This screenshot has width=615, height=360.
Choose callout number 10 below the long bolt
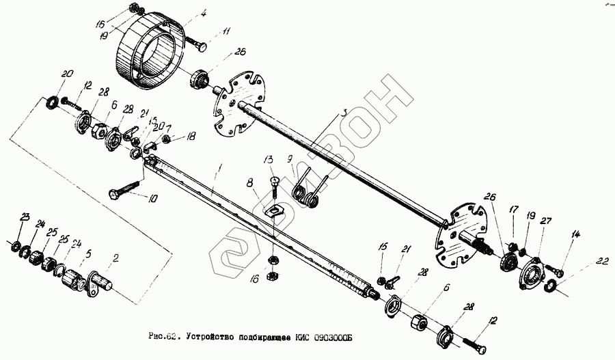151,199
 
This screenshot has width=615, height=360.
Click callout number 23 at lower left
25,217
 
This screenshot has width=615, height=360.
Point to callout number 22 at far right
602,260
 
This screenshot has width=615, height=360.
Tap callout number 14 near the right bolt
575,236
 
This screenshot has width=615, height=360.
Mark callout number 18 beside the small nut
191,137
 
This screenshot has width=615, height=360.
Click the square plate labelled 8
274,207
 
